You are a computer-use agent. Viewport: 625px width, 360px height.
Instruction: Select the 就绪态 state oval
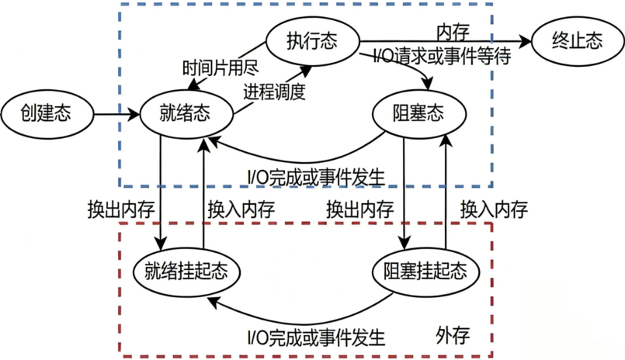187,115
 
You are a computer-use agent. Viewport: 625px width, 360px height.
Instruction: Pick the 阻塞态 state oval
420,115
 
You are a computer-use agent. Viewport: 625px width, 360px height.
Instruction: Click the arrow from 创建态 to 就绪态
116,116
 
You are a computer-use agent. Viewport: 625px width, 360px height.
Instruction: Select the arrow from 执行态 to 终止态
443,41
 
